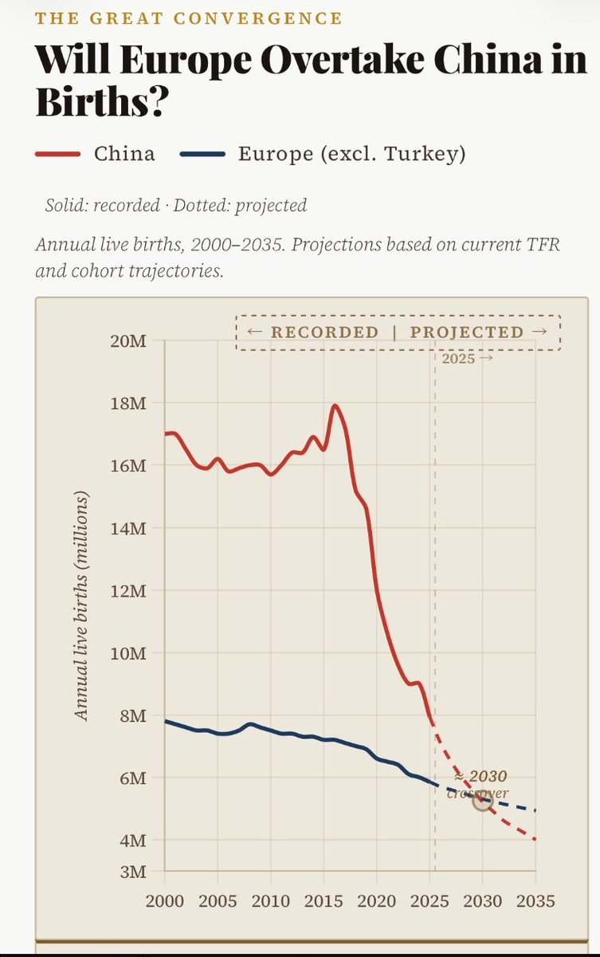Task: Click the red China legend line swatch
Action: [57, 154]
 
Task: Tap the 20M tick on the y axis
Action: [127, 341]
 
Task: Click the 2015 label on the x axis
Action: [324, 901]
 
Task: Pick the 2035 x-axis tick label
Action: [535, 901]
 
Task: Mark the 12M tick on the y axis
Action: [127, 591]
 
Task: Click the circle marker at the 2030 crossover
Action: [482, 800]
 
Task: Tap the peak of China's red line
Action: [335, 406]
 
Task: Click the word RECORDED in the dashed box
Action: [324, 333]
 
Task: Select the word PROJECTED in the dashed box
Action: [467, 333]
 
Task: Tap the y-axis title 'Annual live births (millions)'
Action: [81, 606]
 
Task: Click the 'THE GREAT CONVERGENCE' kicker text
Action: [189, 18]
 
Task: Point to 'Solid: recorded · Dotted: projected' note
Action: [176, 205]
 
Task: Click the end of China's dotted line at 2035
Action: [535, 839]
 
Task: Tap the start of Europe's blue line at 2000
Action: [166, 721]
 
